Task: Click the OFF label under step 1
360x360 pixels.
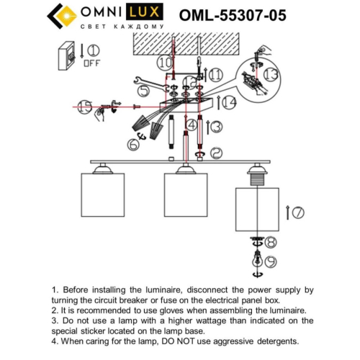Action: pyautogui.click(x=92, y=63)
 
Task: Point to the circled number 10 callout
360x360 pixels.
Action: pyautogui.click(x=166, y=63)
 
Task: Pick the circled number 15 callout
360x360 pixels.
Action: pyautogui.click(x=86, y=108)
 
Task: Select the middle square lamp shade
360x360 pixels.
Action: pyautogui.click(x=185, y=194)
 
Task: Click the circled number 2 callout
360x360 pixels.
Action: pyautogui.click(x=217, y=153)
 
